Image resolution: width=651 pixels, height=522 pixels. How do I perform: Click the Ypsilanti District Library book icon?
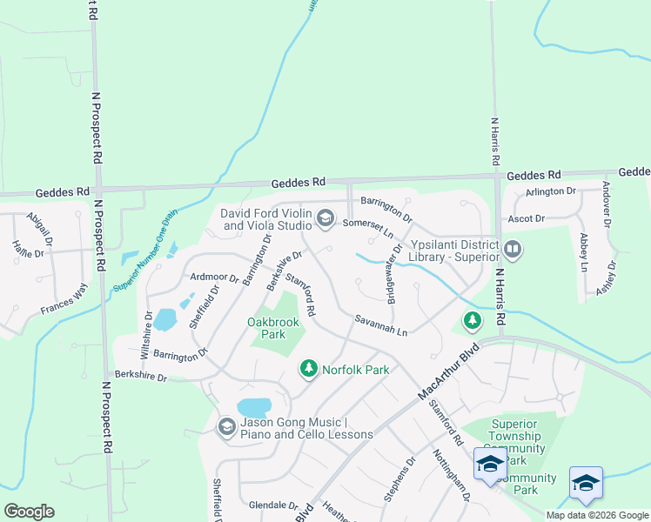(513, 251)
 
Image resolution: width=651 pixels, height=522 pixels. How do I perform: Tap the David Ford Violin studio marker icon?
(325, 217)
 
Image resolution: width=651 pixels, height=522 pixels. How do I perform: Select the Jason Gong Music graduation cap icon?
(226, 426)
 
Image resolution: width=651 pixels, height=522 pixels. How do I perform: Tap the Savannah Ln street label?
(381, 326)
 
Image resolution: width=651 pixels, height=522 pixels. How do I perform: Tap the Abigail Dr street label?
(40, 228)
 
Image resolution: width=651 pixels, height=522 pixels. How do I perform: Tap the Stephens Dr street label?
(399, 477)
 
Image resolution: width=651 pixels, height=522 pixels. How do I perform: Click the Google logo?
(29, 511)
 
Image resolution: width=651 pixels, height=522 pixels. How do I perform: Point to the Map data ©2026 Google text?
(596, 515)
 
